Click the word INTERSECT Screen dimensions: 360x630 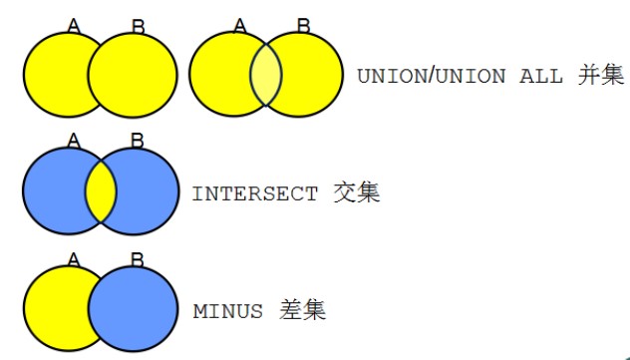click(x=255, y=193)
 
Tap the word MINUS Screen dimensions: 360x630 click(x=227, y=311)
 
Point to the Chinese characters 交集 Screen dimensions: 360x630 click(x=356, y=192)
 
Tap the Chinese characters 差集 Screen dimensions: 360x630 click(x=302, y=310)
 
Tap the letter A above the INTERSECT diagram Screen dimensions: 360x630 click(x=74, y=140)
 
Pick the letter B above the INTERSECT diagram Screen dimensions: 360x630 click(x=138, y=141)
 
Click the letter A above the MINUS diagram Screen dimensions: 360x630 click(x=74, y=259)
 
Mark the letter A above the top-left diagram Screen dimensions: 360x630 click(x=74, y=24)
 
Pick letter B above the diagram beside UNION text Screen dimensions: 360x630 click(x=302, y=24)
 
